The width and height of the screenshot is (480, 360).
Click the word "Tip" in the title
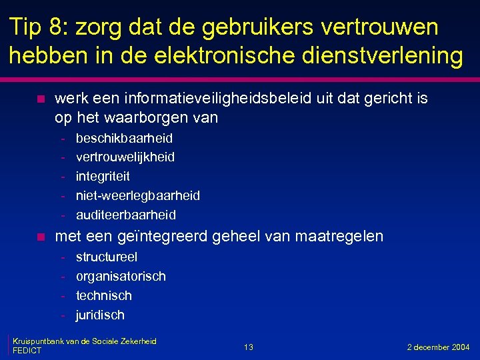[26, 27]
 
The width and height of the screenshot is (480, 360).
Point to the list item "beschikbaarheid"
[124, 138]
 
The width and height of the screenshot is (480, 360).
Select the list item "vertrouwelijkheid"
[125, 157]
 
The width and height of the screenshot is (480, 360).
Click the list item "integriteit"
[103, 177]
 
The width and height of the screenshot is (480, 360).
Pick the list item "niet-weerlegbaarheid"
[137, 195]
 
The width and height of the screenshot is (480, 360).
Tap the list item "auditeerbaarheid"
[126, 215]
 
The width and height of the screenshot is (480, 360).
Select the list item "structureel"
[107, 257]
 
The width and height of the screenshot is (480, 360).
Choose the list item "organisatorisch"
[121, 276]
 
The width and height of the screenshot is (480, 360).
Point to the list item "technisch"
[104, 295]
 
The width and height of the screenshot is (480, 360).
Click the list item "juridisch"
[100, 315]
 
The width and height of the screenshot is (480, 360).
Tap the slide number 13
[248, 347]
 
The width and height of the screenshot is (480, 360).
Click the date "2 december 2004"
[439, 347]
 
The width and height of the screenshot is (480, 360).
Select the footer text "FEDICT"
[27, 351]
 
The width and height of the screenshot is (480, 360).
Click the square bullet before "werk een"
[41, 99]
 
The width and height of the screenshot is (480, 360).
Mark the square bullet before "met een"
[41, 237]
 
